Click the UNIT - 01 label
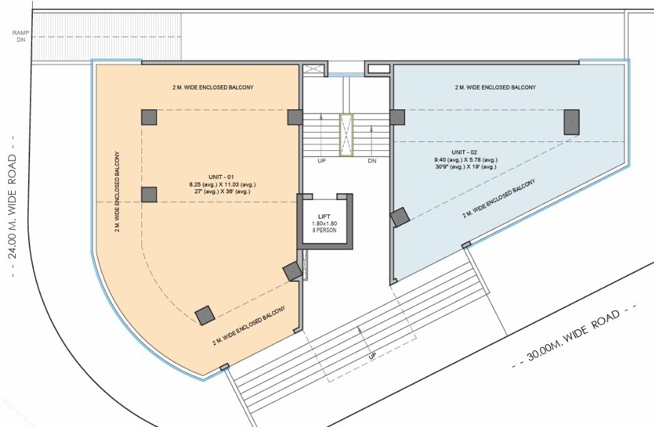tap(221, 177)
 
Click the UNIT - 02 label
tap(464, 152)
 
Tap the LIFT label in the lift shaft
tap(324, 217)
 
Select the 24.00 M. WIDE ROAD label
tap(12, 206)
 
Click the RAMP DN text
tap(21, 36)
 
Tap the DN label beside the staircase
tap(372, 161)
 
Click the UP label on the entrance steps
tap(372, 356)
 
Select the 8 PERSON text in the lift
tap(325, 230)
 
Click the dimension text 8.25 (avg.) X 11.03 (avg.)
tap(222, 184)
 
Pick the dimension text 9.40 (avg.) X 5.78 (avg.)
tap(466, 160)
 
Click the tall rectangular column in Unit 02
tap(571, 122)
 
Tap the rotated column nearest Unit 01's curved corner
tap(205, 315)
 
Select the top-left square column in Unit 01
tap(149, 118)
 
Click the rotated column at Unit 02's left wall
tap(400, 217)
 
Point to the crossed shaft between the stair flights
tap(346, 135)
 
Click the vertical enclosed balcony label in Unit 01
tap(118, 191)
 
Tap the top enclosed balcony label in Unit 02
tap(495, 87)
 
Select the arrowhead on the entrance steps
tap(359, 330)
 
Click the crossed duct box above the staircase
tap(312, 69)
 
